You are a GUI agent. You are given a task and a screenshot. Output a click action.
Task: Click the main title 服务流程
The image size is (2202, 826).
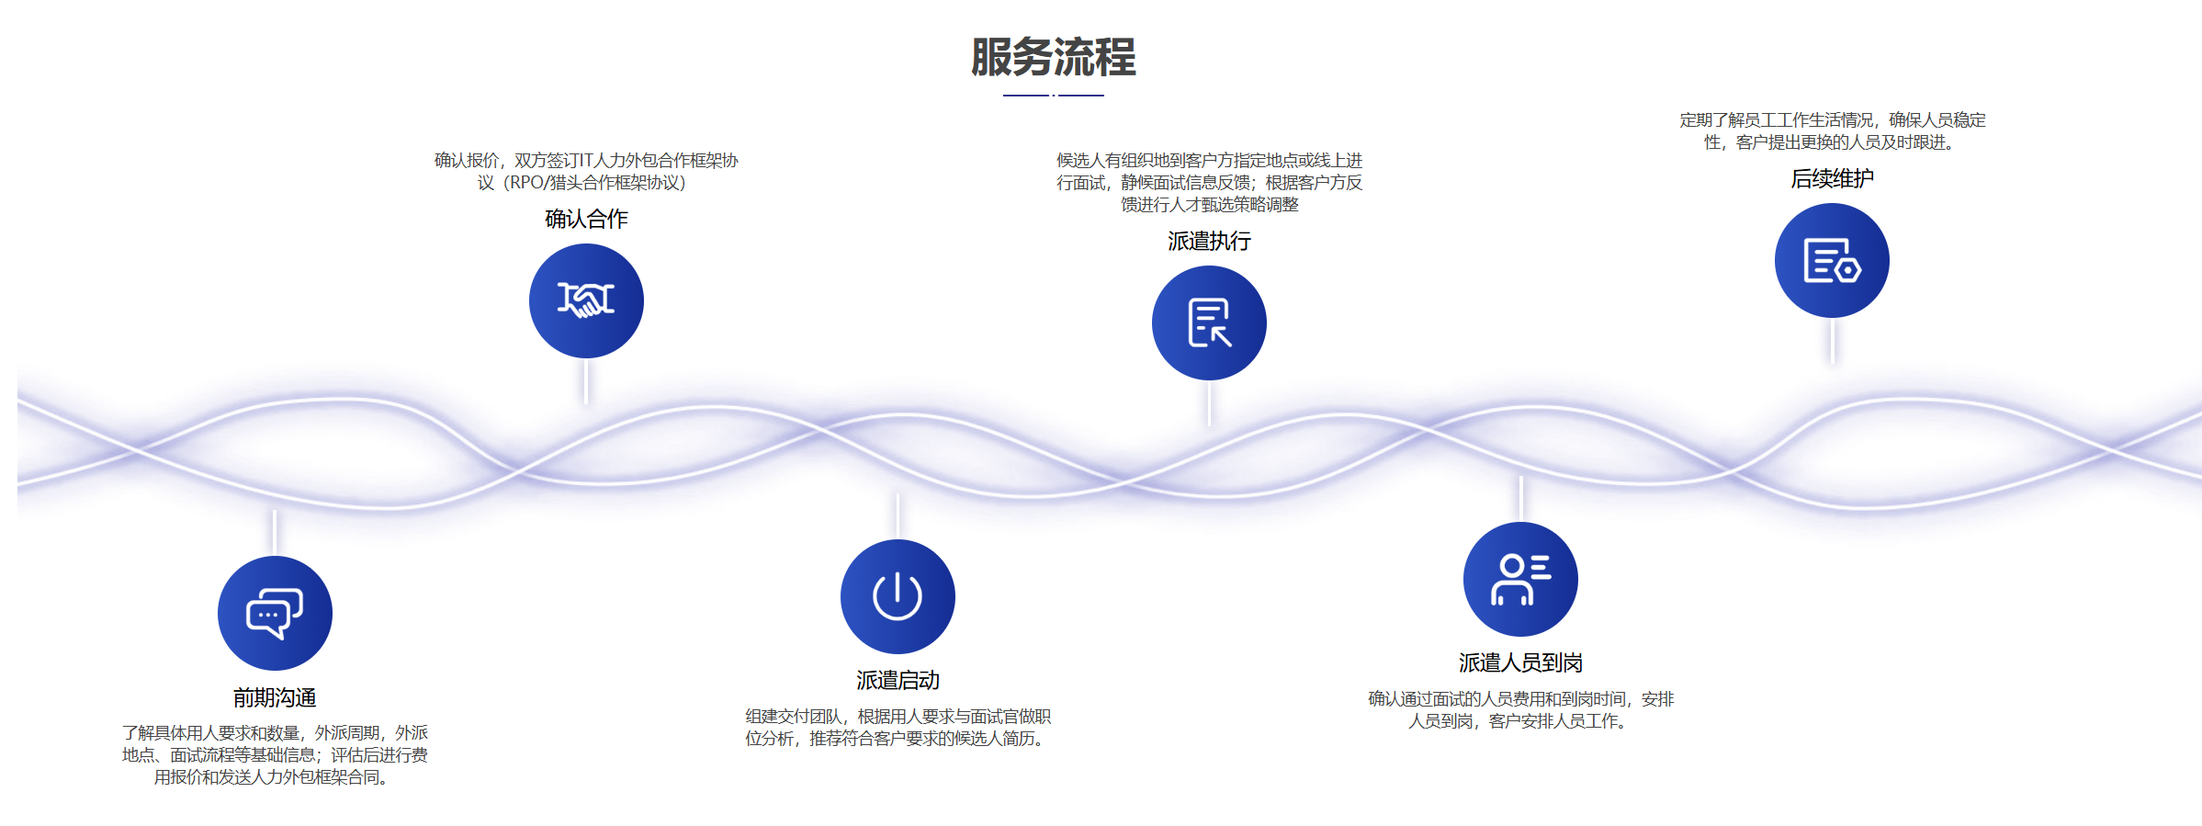tap(1053, 57)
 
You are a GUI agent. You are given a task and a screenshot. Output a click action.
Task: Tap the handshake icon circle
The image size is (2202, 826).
tap(586, 300)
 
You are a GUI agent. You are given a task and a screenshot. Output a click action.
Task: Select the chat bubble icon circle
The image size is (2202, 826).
tap(275, 613)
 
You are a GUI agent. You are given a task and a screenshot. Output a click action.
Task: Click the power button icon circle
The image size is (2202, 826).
tap(898, 596)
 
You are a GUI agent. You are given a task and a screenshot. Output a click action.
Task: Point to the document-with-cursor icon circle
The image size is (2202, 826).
tap(1209, 322)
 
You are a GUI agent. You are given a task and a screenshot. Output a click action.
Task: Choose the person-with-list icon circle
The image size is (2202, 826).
tap(1520, 579)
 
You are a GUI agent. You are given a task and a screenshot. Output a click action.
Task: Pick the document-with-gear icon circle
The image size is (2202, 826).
tap(1832, 260)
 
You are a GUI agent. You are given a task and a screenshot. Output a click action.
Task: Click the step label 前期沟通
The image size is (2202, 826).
tap(275, 698)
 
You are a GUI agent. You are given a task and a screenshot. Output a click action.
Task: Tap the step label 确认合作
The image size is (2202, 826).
tap(586, 219)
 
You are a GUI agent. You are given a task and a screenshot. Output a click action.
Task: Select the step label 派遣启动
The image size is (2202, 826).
tap(898, 680)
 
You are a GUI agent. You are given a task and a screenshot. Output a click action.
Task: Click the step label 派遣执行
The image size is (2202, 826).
tap(1209, 241)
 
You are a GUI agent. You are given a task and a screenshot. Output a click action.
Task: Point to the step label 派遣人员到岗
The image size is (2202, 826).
tap(1520, 662)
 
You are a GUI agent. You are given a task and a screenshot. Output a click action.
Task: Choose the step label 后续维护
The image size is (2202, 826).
tap(1832, 178)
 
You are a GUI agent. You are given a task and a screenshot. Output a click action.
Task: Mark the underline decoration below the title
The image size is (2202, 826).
tap(1053, 95)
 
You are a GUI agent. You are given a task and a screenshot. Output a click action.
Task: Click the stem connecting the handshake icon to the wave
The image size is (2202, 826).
tap(586, 380)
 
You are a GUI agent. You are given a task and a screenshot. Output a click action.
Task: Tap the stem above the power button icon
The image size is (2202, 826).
tap(898, 516)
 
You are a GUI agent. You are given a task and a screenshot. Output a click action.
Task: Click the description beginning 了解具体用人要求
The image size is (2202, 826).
tap(275, 754)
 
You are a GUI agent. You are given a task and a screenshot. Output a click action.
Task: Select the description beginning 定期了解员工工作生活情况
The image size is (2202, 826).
tap(1832, 131)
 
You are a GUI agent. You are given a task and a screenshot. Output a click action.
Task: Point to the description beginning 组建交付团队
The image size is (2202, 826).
tap(898, 727)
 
